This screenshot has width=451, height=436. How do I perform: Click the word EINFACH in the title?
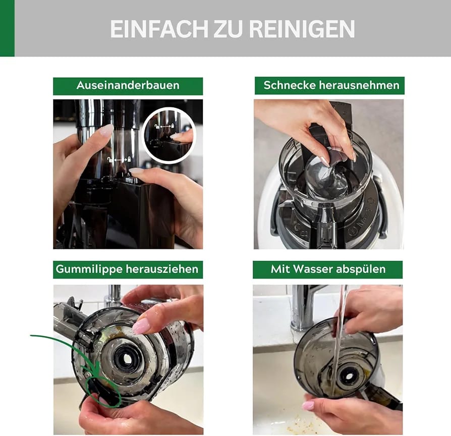pyautogui.click(x=159, y=29)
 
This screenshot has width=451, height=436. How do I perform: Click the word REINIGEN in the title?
pyautogui.click(x=302, y=29)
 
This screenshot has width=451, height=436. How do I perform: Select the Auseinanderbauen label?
pyautogui.click(x=128, y=85)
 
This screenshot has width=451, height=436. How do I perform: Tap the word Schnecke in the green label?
pyautogui.click(x=290, y=85)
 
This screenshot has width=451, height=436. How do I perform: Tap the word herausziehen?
pyautogui.click(x=162, y=269)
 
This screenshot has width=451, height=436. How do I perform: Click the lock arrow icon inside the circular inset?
pyautogui.click(x=164, y=126)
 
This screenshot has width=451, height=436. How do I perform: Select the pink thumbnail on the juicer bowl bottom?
pyautogui.click(x=141, y=326)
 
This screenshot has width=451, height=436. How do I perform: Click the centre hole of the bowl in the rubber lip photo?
pyautogui.click(x=127, y=358)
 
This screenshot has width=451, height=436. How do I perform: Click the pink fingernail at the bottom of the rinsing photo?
pyautogui.click(x=308, y=406)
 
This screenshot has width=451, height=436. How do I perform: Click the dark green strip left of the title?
pyautogui.click(x=7, y=28)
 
